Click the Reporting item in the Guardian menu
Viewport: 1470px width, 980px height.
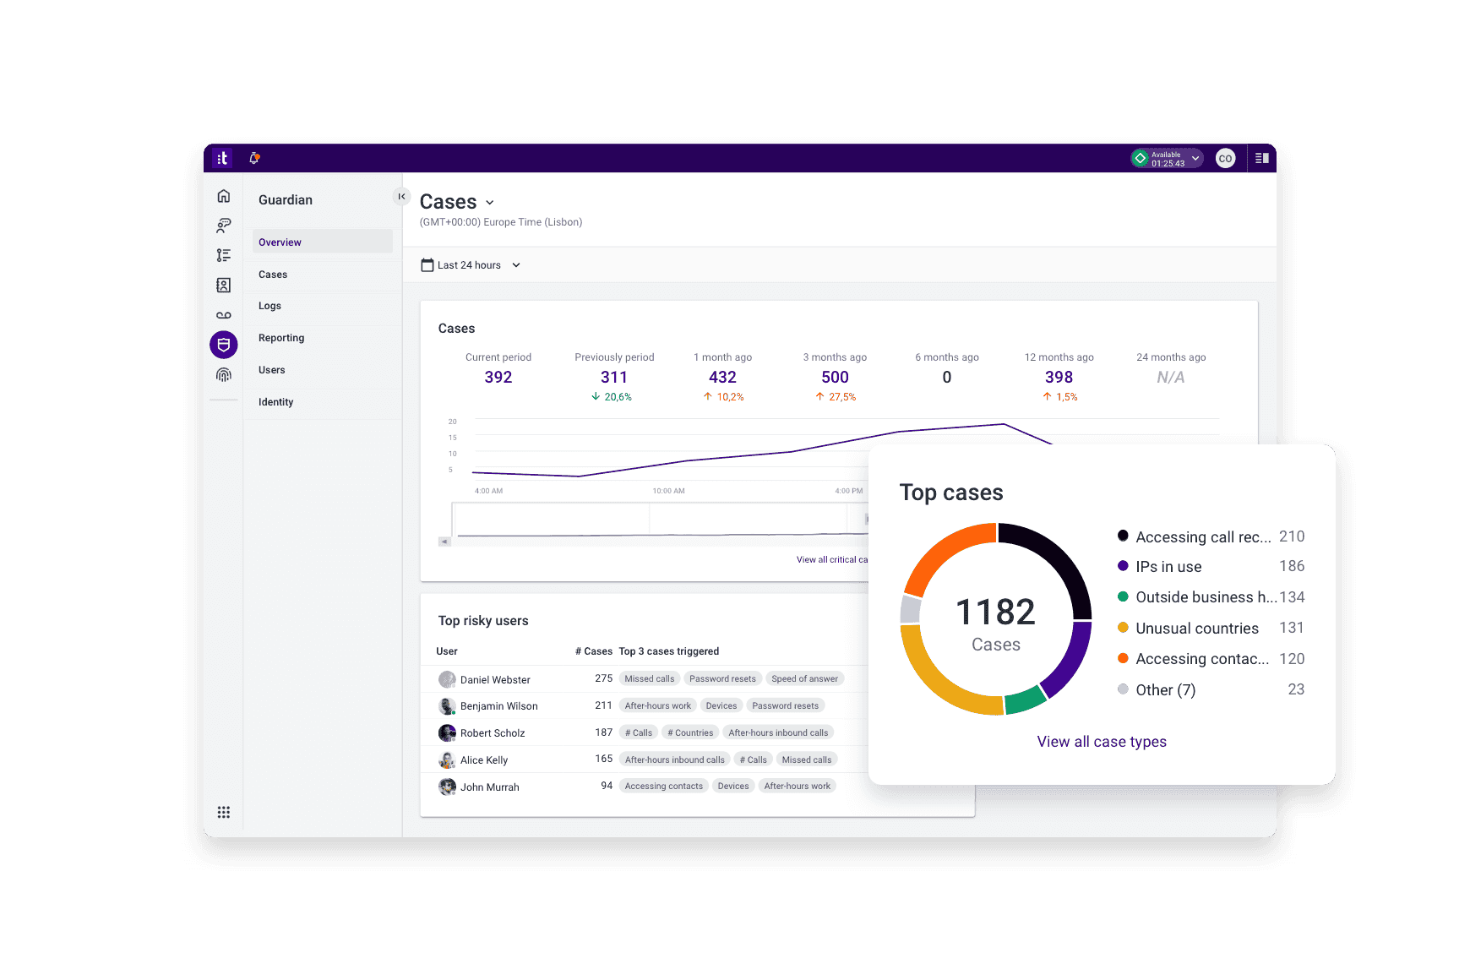(281, 338)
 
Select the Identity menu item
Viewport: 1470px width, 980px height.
(276, 402)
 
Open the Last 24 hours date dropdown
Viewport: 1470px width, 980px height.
(471, 265)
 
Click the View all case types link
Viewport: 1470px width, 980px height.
(1102, 742)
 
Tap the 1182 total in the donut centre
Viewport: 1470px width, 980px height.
(995, 612)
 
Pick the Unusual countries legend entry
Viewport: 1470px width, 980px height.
(1196, 629)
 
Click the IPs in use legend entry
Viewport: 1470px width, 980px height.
(1168, 567)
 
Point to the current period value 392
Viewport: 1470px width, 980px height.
(498, 378)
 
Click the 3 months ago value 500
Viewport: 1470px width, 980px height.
(835, 378)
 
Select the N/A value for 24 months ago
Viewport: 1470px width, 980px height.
(1170, 378)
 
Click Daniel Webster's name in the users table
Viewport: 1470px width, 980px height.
(495, 680)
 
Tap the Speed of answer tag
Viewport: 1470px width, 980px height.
(804, 679)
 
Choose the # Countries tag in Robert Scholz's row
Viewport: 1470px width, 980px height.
(690, 733)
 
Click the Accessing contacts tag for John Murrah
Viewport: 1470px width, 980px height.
(663, 787)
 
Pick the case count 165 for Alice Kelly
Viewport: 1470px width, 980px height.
(603, 759)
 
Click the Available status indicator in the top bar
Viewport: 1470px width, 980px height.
(1167, 158)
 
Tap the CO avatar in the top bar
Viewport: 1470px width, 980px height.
(1225, 158)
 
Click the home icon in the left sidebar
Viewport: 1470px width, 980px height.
(224, 196)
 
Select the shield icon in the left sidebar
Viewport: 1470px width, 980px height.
(224, 345)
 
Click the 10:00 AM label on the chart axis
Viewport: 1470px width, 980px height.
(668, 491)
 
